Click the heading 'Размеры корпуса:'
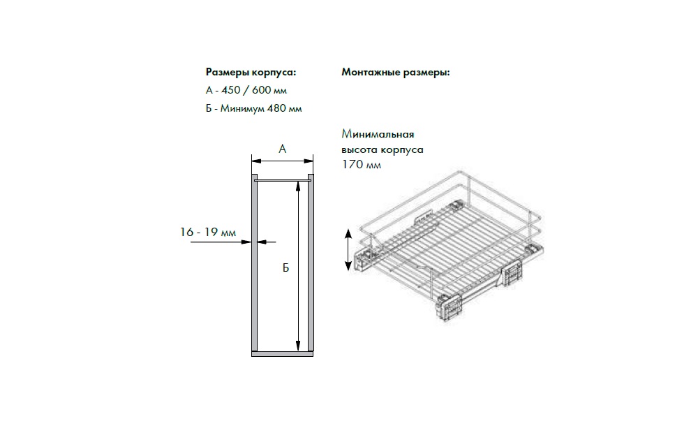(x=251, y=72)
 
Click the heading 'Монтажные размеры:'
(x=396, y=72)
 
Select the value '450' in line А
(x=231, y=90)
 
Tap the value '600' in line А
(x=262, y=90)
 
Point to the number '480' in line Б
(x=277, y=108)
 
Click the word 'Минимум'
(x=242, y=108)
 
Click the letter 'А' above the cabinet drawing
(x=282, y=149)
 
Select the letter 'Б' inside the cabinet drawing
(x=285, y=267)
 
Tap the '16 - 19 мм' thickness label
(x=208, y=232)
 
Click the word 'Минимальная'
(x=378, y=134)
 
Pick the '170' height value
(x=352, y=164)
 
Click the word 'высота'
(x=359, y=149)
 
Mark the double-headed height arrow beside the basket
(x=348, y=249)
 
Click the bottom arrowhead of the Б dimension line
(x=298, y=346)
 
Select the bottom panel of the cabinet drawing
(x=282, y=354)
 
